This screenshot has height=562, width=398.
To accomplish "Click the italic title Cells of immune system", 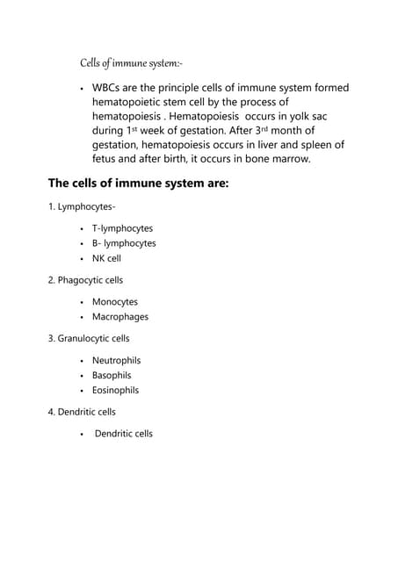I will tap(130, 62).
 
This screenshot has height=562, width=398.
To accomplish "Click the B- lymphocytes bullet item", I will tap(124, 243).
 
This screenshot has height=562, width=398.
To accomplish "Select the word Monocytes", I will tap(115, 302).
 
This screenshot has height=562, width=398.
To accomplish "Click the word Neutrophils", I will tap(116, 360).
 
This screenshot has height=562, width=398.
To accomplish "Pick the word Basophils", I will tap(112, 375).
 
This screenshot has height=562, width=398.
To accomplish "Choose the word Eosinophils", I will tap(116, 389).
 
